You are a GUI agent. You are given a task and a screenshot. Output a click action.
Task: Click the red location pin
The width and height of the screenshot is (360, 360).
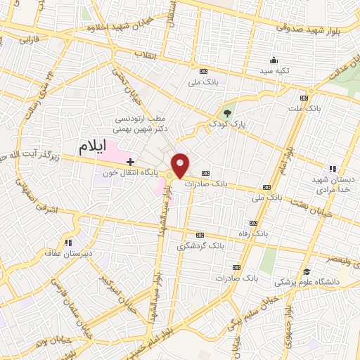181,165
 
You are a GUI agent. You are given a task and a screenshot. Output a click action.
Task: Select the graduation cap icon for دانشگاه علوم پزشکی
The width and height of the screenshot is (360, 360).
307,272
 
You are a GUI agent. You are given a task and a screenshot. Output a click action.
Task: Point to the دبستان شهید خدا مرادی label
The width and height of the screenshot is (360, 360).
333,184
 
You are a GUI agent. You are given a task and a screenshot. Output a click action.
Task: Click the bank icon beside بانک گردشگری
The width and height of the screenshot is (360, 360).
200,235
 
